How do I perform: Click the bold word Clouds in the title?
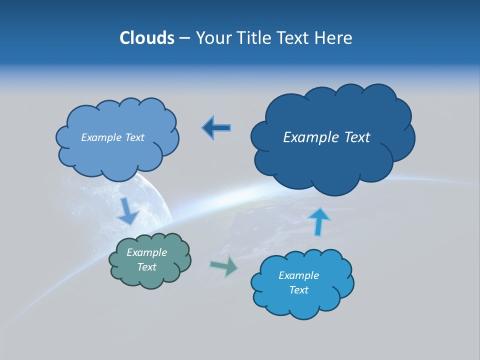pos(146,38)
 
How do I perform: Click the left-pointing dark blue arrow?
pos(216,128)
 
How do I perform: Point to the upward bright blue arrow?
pos(319,221)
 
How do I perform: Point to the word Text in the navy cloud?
pos(358,137)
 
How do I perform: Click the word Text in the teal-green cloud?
pos(147,267)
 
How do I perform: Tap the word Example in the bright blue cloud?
pos(298,275)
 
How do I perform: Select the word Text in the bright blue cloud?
pos(298,290)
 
